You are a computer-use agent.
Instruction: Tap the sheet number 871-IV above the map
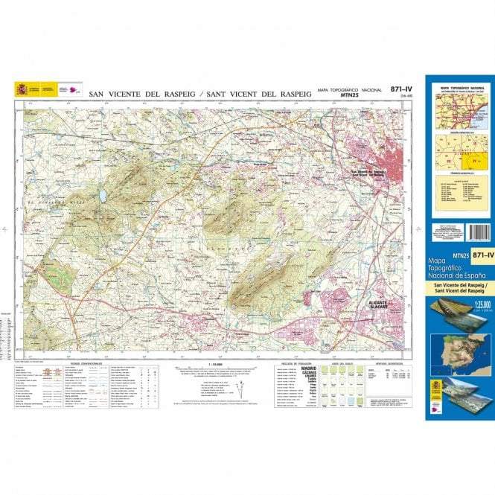401,89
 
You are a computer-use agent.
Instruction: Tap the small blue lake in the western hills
101,196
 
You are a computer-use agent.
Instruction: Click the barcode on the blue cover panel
481,233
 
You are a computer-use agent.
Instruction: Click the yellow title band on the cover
460,287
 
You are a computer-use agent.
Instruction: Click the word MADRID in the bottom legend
307,368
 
